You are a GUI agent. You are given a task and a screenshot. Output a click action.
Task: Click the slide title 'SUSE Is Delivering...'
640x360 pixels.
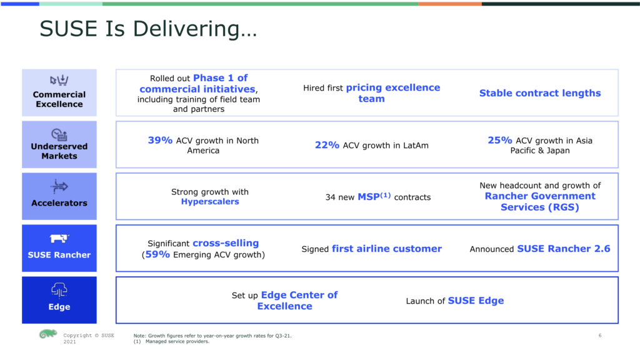point(148,29)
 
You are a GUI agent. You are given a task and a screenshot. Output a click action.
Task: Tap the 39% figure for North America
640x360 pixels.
point(160,140)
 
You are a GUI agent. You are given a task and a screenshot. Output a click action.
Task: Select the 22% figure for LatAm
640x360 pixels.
point(327,145)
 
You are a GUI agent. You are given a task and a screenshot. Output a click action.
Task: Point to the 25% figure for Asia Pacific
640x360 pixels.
point(500,140)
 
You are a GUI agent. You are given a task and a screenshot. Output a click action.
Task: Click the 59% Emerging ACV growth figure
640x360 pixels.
point(157,254)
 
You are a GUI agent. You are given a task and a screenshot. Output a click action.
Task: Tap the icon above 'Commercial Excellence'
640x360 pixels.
point(59,80)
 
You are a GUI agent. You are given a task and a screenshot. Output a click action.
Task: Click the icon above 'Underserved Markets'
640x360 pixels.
point(59,134)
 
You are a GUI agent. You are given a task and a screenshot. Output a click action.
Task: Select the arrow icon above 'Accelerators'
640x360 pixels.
point(59,186)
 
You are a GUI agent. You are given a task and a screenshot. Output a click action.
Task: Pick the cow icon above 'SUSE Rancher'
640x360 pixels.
point(59,238)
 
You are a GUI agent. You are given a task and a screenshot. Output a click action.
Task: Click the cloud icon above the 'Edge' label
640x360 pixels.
point(59,290)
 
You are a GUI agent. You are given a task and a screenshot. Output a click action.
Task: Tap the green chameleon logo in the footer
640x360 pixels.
point(47,334)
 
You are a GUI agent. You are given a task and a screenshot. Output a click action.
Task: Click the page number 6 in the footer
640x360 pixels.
point(600,336)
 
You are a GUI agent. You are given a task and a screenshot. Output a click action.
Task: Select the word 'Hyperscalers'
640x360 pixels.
point(210,202)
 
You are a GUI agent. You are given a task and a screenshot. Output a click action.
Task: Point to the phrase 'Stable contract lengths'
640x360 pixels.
point(540,93)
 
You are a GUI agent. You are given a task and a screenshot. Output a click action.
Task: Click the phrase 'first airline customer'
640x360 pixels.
point(386,249)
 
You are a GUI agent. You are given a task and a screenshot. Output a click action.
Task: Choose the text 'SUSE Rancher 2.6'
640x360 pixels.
point(564,249)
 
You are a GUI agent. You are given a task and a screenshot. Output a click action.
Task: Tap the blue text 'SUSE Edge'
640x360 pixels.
point(476,301)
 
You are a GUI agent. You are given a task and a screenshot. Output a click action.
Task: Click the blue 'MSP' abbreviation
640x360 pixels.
point(369,197)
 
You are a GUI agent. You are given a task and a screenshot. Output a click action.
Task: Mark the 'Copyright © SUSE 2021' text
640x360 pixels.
point(89,338)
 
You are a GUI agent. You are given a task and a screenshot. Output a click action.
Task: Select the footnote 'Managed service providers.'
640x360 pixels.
point(177,342)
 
